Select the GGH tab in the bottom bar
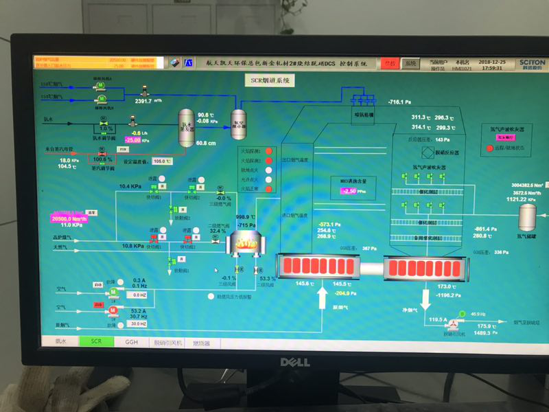[x=130, y=341]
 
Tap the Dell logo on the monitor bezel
[x=294, y=362]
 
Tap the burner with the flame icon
[x=246, y=242]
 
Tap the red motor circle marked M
[x=113, y=310]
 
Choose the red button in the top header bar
[x=390, y=62]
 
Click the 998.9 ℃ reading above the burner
[x=245, y=217]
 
